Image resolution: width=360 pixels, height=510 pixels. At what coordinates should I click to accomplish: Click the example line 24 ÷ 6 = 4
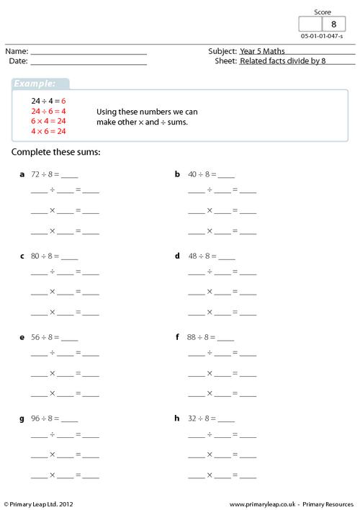pos(48,112)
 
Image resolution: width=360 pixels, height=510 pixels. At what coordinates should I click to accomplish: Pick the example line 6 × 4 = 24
pos(48,122)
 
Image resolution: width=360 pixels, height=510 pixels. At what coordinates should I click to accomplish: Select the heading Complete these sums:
pos(56,153)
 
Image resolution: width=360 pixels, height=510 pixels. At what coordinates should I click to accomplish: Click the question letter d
pos(177,256)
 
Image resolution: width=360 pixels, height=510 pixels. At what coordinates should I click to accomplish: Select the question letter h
pos(177,419)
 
